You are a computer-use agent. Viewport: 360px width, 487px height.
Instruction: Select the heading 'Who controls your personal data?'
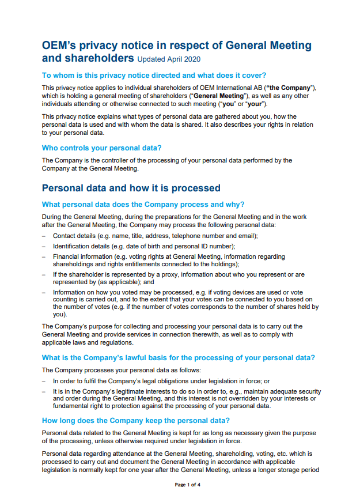coord(102,148)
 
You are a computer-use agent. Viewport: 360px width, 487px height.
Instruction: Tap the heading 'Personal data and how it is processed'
coord(131,188)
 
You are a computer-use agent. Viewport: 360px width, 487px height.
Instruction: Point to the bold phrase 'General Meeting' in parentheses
coord(219,96)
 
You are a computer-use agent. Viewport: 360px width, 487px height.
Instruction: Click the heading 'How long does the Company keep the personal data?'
coord(136,420)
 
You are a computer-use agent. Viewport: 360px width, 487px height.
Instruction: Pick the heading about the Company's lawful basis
coord(179,358)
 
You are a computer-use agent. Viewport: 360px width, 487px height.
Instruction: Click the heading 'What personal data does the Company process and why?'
coord(143,204)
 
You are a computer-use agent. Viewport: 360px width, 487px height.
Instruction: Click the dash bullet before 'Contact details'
coord(44,236)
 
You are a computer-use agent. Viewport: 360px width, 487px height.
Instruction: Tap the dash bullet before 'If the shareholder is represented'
coord(44,275)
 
